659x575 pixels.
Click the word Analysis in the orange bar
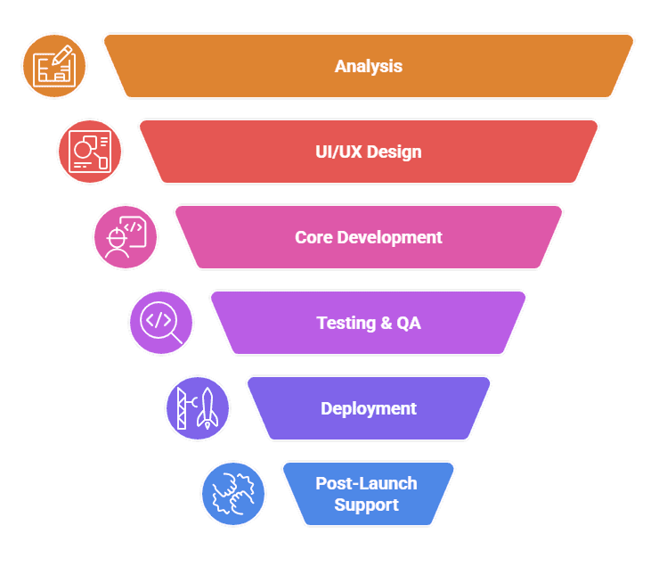tap(369, 66)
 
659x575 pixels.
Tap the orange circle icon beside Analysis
tap(54, 66)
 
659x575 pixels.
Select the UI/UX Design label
tap(369, 152)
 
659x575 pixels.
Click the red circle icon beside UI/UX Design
tap(90, 152)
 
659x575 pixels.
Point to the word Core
tap(313, 238)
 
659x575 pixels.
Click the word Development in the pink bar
tap(389, 238)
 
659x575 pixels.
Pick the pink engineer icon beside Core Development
tap(126, 237)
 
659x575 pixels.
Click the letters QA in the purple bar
tap(409, 323)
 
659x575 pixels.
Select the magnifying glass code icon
tap(161, 323)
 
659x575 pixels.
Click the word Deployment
tap(369, 408)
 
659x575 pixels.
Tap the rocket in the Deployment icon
tap(207, 408)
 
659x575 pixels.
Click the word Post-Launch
tap(366, 483)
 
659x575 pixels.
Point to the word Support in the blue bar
tap(366, 505)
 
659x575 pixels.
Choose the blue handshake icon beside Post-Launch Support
tap(233, 494)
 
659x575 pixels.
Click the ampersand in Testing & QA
tap(386, 323)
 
